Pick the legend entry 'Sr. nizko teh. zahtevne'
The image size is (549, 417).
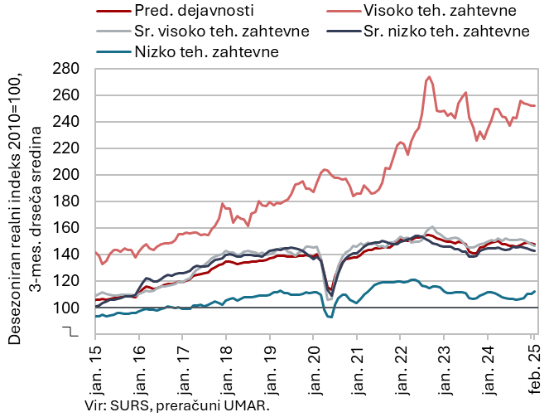click(445, 32)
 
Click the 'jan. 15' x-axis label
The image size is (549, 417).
click(95, 366)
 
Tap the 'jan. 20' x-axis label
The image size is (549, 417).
click(314, 366)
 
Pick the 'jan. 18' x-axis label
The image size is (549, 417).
click(226, 366)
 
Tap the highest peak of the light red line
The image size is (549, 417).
click(428, 78)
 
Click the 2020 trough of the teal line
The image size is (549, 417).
click(330, 317)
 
